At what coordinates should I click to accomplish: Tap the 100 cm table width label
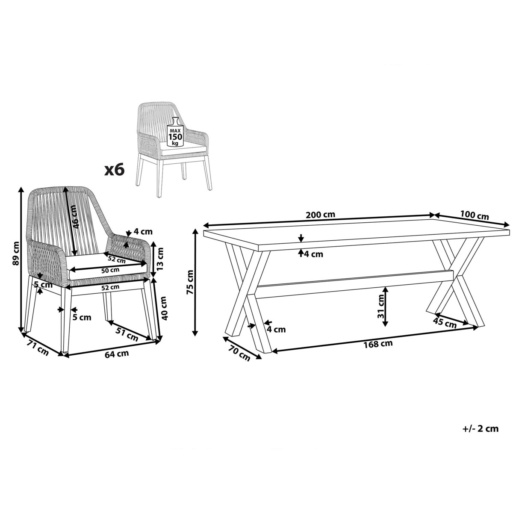coord(475,215)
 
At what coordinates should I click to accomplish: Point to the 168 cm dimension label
coord(378,344)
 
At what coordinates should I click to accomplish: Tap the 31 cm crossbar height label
coord(381,307)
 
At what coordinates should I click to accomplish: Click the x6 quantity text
coord(115,169)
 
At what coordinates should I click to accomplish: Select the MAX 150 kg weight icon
coord(175,132)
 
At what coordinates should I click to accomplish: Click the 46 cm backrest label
coord(75,217)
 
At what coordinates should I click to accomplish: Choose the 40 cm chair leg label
coord(164,309)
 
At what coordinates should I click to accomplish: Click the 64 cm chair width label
coord(117,354)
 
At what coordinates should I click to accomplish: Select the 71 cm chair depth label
coord(38,350)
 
